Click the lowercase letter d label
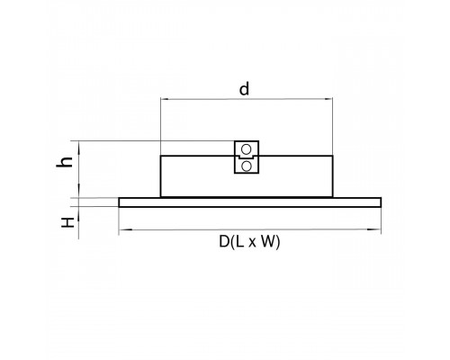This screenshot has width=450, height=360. tap(244, 89)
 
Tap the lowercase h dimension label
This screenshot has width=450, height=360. tap(65, 162)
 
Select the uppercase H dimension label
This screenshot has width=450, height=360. tap(67, 222)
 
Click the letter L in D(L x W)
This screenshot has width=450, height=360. tap(239, 241)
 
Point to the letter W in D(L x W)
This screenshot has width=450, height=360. tap(268, 241)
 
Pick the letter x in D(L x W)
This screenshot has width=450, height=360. tap(252, 243)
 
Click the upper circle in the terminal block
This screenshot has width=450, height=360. tap(246, 149)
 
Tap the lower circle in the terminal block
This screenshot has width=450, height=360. tap(246, 166)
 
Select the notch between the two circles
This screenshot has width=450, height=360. tap(247, 157)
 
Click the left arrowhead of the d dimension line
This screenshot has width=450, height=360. tap(165, 98)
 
